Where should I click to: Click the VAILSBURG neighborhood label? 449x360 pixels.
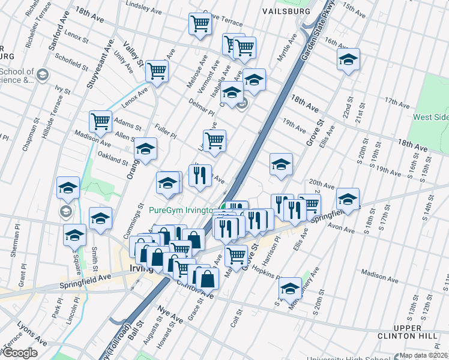(286, 11)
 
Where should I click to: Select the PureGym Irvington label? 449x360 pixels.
(181, 211)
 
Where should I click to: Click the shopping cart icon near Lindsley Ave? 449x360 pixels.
(200, 24)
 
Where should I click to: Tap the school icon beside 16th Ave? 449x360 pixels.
(348, 59)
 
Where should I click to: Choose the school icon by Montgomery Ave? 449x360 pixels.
(290, 289)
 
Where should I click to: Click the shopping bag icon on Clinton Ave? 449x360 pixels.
(207, 278)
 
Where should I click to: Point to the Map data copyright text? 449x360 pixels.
(424, 355)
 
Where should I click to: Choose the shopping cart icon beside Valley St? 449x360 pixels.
(157, 71)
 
